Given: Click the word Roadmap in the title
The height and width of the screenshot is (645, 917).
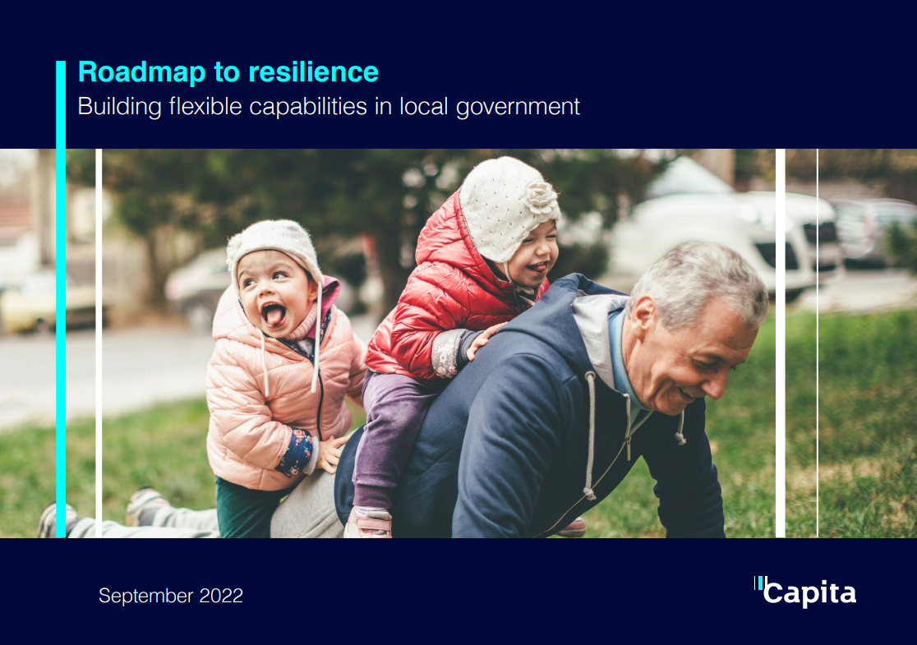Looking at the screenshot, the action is (142, 72).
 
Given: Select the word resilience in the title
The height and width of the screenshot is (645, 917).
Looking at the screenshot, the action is (313, 72).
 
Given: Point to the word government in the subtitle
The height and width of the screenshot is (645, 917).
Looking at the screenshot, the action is (518, 108).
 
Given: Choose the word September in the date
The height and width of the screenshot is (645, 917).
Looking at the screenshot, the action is (145, 596).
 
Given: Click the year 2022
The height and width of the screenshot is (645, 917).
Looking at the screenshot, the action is (221, 596).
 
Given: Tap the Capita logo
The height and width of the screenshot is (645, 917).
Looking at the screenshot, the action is (805, 592).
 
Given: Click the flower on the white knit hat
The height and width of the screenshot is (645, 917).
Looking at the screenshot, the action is (540, 197).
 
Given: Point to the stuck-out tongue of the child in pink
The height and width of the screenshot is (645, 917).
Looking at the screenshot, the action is (273, 316).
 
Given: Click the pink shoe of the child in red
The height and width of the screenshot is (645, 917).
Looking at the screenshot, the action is (368, 523).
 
